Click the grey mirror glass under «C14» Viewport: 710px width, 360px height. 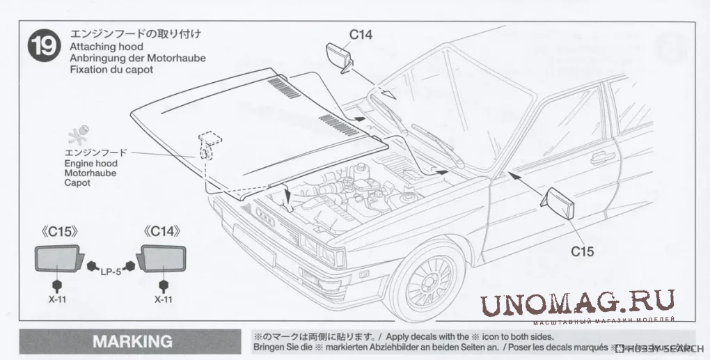coord(164,260)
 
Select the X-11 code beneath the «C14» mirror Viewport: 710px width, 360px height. coord(164,299)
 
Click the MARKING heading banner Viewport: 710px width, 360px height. coord(132,341)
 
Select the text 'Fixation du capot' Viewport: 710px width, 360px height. coord(111,70)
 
